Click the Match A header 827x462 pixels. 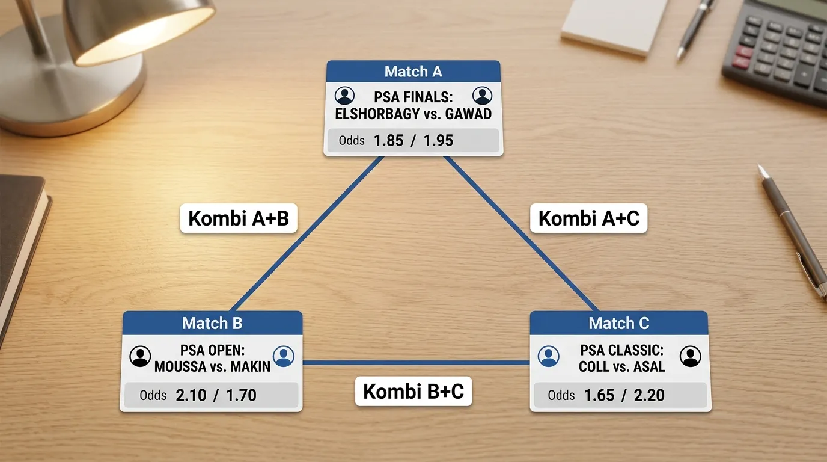[x=413, y=72]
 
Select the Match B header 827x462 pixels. [x=212, y=323]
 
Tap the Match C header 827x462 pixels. [x=619, y=323]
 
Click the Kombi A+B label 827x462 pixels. [x=239, y=218]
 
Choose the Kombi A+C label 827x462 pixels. [x=589, y=218]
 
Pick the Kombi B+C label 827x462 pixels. [x=413, y=392]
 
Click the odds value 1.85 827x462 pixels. [x=388, y=140]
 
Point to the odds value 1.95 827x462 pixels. [x=438, y=140]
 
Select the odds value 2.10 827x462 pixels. [x=191, y=395]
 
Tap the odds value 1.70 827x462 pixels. [x=241, y=395]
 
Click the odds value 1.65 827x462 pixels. [x=599, y=395]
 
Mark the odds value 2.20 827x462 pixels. [x=650, y=395]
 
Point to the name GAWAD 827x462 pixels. [x=469, y=114]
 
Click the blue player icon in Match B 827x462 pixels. [x=284, y=356]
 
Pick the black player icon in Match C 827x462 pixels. [x=691, y=356]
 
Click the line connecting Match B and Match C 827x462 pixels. [x=416, y=363]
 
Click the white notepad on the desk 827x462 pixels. [x=615, y=26]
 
